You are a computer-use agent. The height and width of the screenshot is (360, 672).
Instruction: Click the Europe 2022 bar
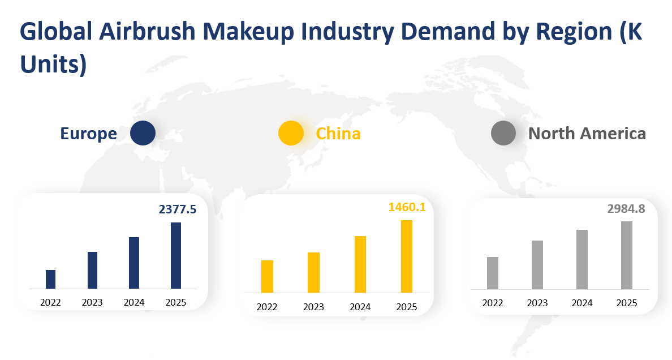50,279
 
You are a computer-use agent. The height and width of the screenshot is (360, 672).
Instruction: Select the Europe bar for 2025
176,255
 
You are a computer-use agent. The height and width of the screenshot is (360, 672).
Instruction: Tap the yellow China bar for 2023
313,272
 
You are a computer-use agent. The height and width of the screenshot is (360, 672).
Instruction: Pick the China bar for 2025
407,256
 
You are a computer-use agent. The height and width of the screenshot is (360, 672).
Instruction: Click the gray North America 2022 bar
493,273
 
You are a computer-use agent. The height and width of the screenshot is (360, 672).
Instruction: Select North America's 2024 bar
582,259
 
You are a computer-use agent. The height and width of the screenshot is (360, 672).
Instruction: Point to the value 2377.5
178,209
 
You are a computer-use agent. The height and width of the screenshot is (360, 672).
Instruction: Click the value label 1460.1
407,207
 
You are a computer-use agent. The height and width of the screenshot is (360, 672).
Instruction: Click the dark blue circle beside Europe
143,134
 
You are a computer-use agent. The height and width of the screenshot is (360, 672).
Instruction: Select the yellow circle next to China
291,134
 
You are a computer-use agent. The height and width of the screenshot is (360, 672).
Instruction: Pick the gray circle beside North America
503,134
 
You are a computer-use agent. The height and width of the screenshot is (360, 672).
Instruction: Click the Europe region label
89,134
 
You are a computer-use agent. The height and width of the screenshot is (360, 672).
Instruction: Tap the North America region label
587,134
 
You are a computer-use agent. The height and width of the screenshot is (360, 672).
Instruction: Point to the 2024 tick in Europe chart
134,302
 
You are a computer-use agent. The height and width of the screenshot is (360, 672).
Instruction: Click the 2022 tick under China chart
267,307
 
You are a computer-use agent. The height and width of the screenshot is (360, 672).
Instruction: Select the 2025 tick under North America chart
627,303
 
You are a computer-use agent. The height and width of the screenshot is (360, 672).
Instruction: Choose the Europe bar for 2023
92,270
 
